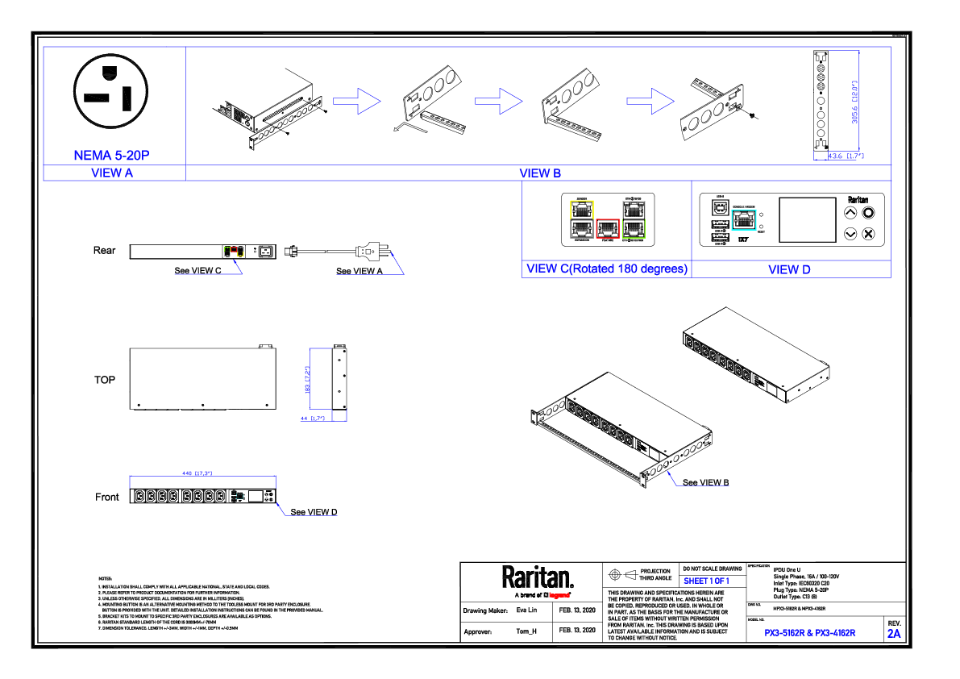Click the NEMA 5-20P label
110,156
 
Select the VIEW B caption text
540,173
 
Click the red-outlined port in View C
607,230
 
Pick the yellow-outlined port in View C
581,208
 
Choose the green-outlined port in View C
634,230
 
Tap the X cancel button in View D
868,234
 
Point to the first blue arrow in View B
356,101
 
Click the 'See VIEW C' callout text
198,271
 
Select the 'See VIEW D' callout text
314,512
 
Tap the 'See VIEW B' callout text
705,482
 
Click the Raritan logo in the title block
538,577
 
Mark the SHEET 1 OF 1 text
706,581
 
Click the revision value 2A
894,634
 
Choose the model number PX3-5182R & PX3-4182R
810,633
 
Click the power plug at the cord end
370,252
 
